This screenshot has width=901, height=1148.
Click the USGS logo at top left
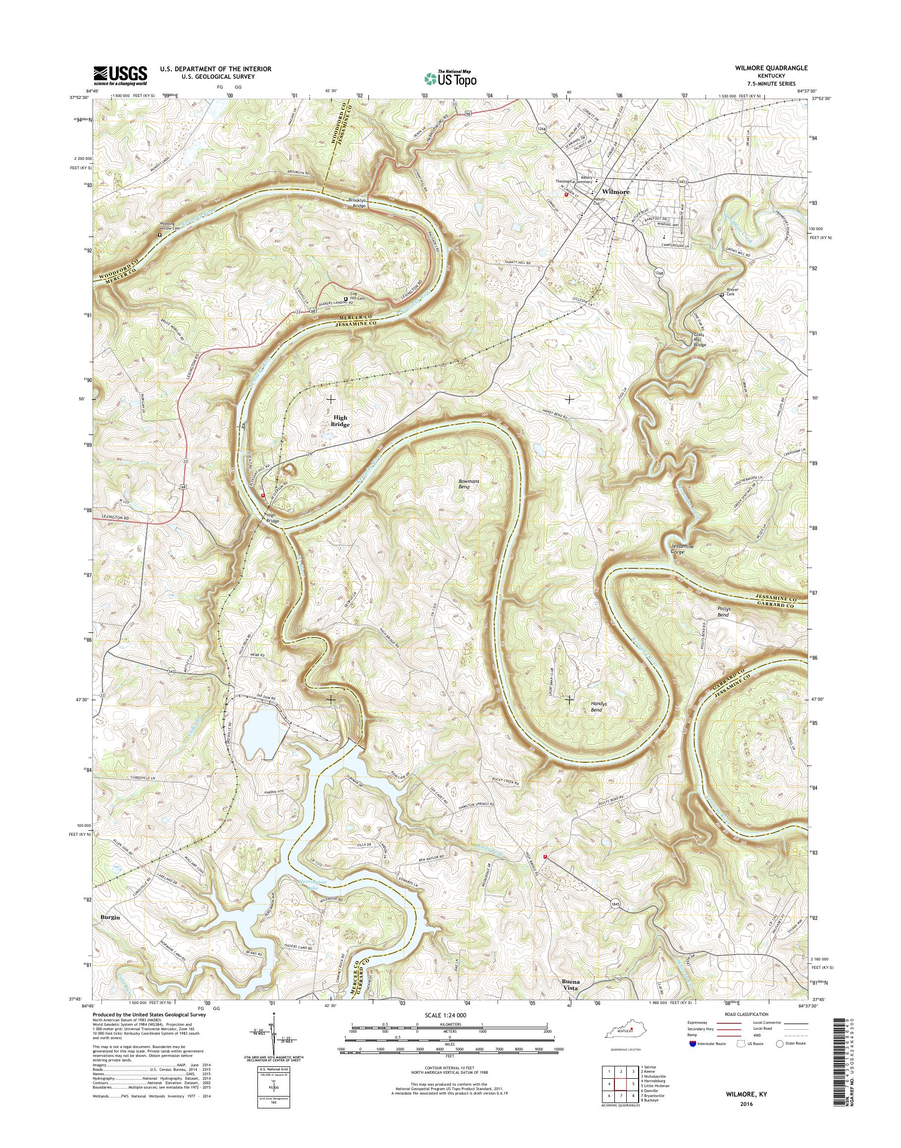[120, 75]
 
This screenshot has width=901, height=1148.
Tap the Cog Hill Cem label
[357, 298]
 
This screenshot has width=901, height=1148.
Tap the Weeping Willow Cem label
[164, 226]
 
